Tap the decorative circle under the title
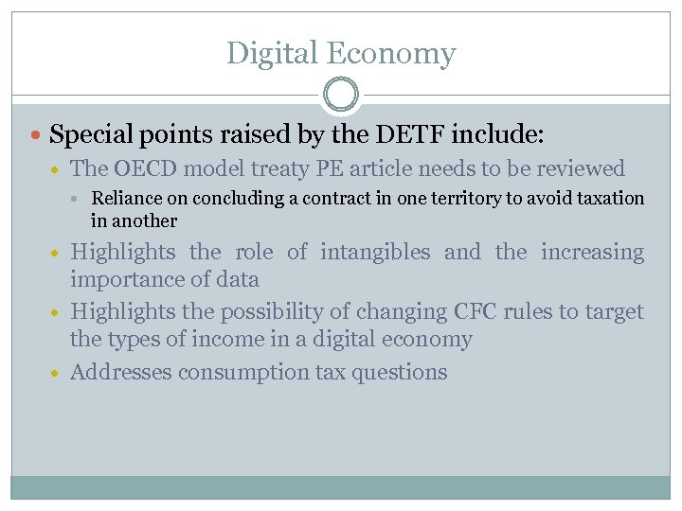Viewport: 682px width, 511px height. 341,95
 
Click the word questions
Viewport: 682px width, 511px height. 399,372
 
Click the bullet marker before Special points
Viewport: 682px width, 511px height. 37,135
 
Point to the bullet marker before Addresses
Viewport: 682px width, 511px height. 59,373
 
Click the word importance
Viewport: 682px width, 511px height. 125,279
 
